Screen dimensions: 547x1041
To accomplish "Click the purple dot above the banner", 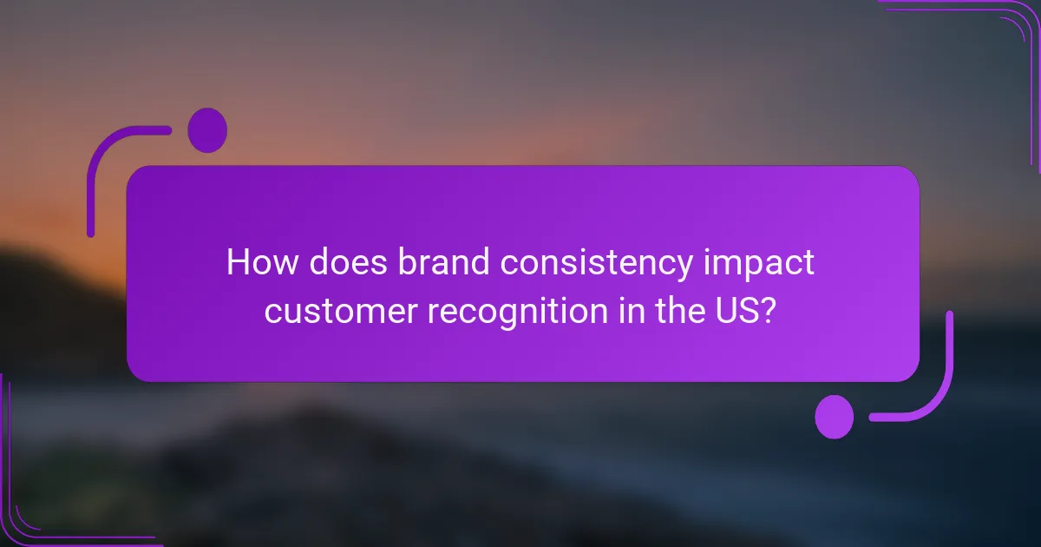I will [207, 130].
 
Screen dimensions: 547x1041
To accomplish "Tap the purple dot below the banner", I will [835, 417].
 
